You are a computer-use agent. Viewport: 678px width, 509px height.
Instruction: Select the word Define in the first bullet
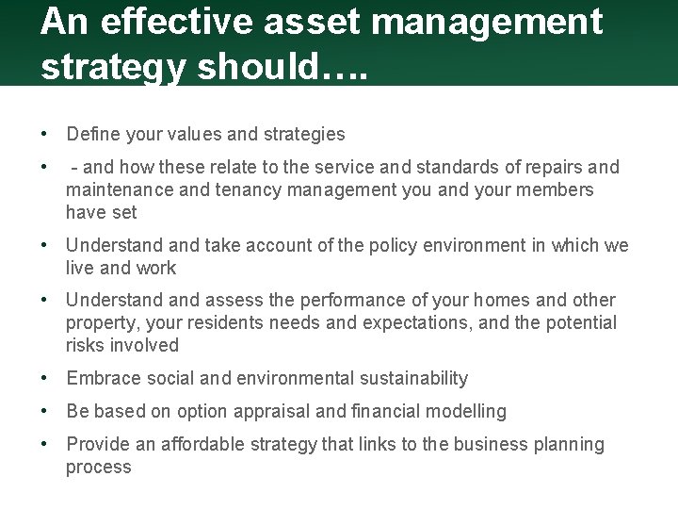pos(93,134)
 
